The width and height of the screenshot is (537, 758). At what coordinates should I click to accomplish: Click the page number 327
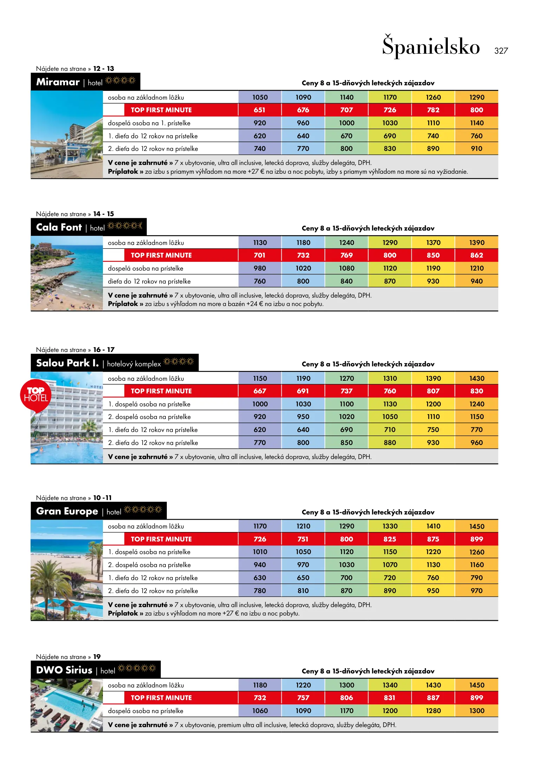pyautogui.click(x=501, y=51)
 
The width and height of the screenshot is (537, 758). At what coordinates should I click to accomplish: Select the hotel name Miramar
pyautogui.click(x=58, y=82)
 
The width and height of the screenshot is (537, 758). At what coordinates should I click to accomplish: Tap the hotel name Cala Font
pyautogui.click(x=59, y=227)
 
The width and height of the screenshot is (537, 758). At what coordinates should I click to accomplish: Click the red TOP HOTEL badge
pyautogui.click(x=36, y=395)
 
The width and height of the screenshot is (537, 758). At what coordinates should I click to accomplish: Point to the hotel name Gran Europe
pyautogui.click(x=67, y=511)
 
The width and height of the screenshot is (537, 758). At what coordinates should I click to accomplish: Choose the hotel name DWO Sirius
pyautogui.click(x=64, y=670)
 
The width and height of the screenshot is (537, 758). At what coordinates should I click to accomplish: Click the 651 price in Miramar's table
pyautogui.click(x=260, y=110)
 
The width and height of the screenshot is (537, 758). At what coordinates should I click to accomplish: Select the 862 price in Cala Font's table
pyautogui.click(x=477, y=255)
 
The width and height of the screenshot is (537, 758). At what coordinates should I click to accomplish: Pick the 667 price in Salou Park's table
pyautogui.click(x=260, y=391)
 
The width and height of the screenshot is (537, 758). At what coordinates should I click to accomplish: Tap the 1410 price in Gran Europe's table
pyautogui.click(x=433, y=526)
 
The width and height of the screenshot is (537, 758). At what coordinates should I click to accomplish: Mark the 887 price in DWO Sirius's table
pyautogui.click(x=433, y=698)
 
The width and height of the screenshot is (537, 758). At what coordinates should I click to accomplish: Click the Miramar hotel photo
pyautogui.click(x=67, y=135)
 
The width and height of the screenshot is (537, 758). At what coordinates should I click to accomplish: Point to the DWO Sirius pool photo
pyautogui.click(x=67, y=705)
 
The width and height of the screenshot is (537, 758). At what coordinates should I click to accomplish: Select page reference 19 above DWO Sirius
pyautogui.click(x=97, y=657)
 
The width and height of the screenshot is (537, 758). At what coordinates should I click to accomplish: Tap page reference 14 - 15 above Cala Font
pyautogui.click(x=104, y=214)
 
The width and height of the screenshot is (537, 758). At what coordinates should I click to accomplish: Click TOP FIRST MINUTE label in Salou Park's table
pyautogui.click(x=161, y=391)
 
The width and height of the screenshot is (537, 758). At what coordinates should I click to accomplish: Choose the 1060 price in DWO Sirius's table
pyautogui.click(x=260, y=711)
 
